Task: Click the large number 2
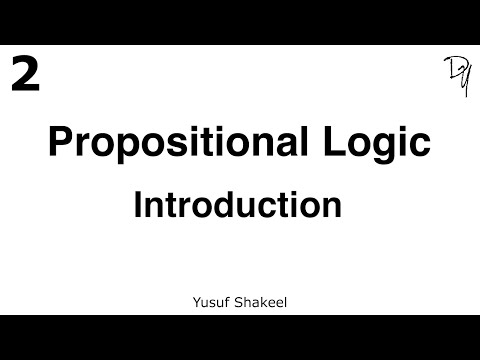pyautogui.click(x=25, y=74)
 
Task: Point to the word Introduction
pyautogui.click(x=238, y=205)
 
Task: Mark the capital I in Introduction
pyautogui.click(x=138, y=205)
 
